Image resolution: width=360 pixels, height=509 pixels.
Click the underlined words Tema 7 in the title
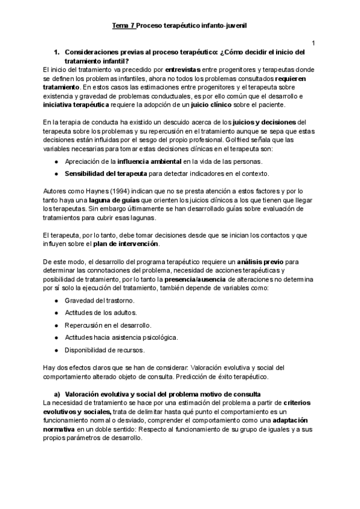pyautogui.click(x=124, y=26)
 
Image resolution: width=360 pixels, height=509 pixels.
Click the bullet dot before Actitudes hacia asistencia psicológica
pyautogui.click(x=56, y=337)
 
